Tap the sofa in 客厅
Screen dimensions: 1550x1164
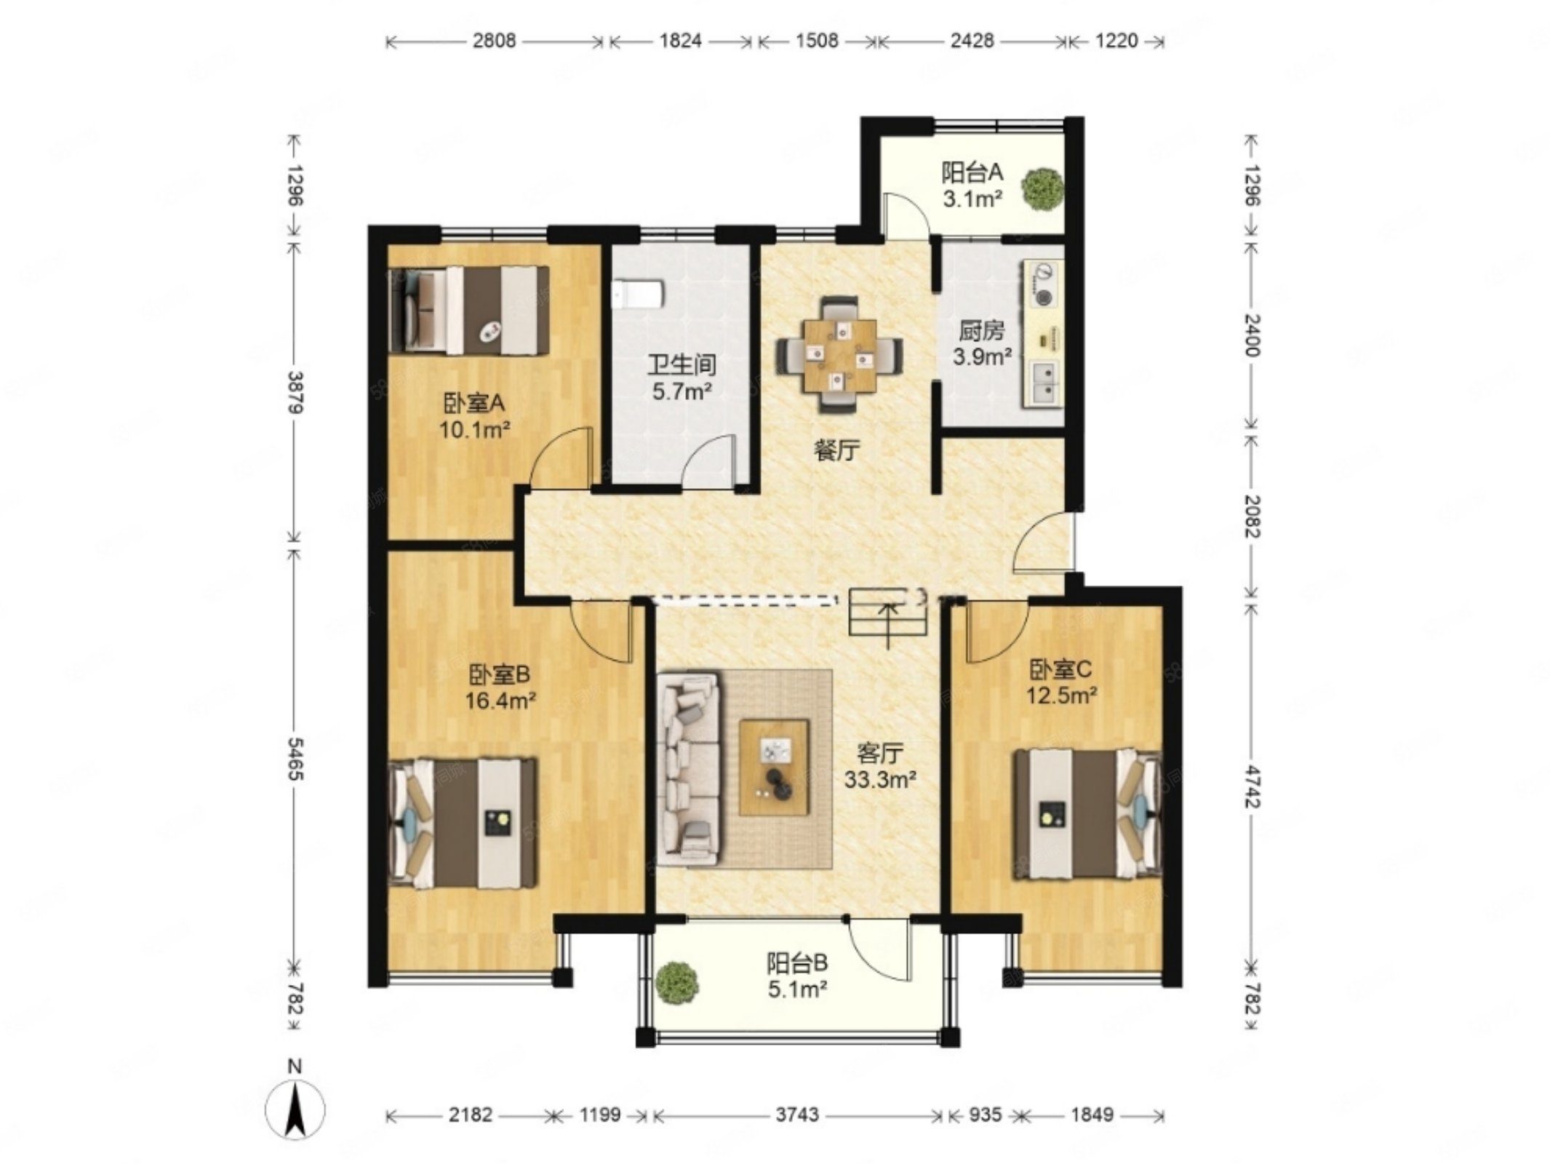[688, 769]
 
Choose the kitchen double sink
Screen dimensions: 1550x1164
[1046, 383]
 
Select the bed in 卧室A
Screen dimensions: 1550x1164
[469, 311]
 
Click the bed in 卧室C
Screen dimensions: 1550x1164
[1088, 813]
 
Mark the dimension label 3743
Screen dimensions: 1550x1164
[797, 1115]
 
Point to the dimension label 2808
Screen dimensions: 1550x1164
[494, 41]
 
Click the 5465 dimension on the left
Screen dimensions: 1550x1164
[295, 759]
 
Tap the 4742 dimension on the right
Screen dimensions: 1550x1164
[1253, 785]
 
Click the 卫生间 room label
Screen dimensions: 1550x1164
[682, 364]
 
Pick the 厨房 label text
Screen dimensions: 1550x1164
[981, 332]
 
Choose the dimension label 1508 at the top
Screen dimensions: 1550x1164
[817, 41]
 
